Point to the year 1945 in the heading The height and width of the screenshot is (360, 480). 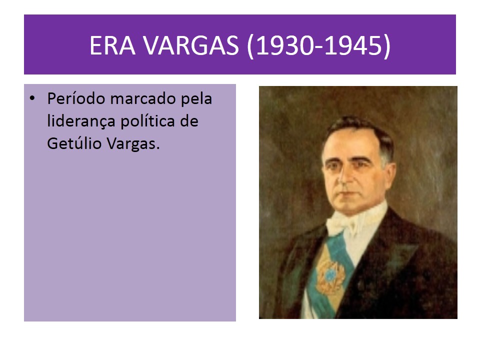(x=355, y=45)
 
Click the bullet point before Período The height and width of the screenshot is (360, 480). (x=32, y=99)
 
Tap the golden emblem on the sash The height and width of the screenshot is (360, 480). (x=330, y=274)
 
